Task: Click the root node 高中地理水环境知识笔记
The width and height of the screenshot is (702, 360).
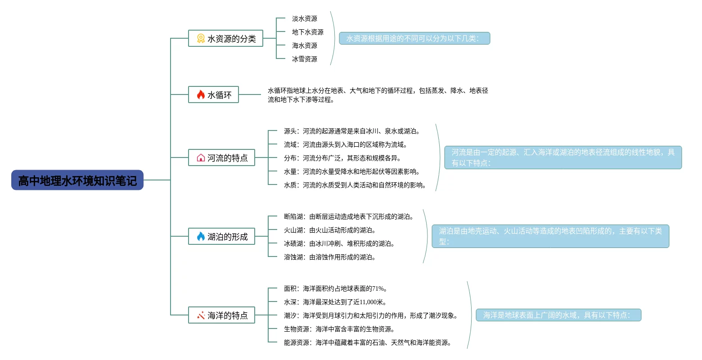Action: [x=77, y=180]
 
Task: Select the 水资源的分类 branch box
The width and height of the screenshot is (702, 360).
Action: [x=225, y=39]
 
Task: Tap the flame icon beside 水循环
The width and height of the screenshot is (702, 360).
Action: [x=201, y=94]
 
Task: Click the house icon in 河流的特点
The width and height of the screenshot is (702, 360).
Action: [x=201, y=158]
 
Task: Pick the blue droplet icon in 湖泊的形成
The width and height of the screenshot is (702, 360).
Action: [x=201, y=236]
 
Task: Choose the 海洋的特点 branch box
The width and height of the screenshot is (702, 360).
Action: [x=221, y=315]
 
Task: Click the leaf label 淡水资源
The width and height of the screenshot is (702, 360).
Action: [x=304, y=18]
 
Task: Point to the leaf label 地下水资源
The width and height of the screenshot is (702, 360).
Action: [x=307, y=32]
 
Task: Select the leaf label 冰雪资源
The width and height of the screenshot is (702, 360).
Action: [x=304, y=59]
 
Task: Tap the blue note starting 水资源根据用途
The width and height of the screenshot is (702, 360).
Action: [x=414, y=38]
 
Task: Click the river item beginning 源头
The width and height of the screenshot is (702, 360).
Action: [x=351, y=131]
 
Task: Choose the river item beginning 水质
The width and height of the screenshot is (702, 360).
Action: [x=355, y=185]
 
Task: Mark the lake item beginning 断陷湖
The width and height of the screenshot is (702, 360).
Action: [x=348, y=216]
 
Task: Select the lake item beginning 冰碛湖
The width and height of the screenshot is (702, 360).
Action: [x=339, y=243]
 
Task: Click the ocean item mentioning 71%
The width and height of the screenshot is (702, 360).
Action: [x=335, y=288]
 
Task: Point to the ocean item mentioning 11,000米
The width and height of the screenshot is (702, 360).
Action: [x=335, y=302]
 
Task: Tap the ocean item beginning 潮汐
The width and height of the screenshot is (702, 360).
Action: [x=370, y=315]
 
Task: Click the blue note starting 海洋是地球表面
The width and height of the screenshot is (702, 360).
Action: [x=558, y=315]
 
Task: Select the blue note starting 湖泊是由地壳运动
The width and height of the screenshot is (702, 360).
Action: [x=550, y=236]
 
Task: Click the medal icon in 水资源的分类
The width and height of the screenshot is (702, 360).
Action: [x=201, y=39]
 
